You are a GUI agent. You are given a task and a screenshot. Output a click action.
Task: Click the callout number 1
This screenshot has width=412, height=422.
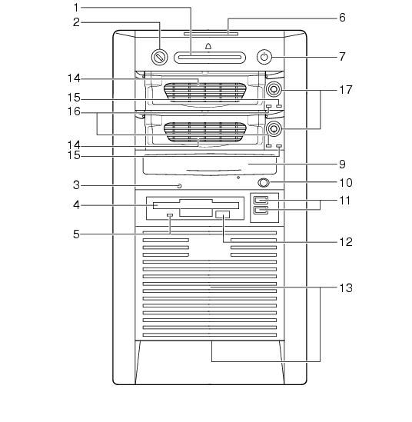tap(76, 8)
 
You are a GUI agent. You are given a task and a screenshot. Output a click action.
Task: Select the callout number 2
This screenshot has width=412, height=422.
tap(76, 22)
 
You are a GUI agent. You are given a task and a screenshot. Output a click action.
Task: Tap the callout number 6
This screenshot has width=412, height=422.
tap(342, 18)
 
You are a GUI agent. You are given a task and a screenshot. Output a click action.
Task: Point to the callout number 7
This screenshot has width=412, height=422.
tap(342, 57)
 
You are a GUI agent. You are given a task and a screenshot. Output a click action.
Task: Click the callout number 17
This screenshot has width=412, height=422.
tap(346, 90)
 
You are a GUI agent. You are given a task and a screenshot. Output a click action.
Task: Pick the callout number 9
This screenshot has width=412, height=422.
tap(342, 164)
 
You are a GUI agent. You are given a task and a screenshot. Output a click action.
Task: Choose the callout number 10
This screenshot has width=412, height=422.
tap(346, 183)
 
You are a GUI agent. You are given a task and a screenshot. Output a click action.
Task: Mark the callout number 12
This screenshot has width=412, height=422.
tap(346, 242)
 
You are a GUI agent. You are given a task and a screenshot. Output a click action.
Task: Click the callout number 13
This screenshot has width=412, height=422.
tap(346, 287)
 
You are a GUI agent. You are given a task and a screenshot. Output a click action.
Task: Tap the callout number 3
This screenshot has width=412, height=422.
tap(76, 185)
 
